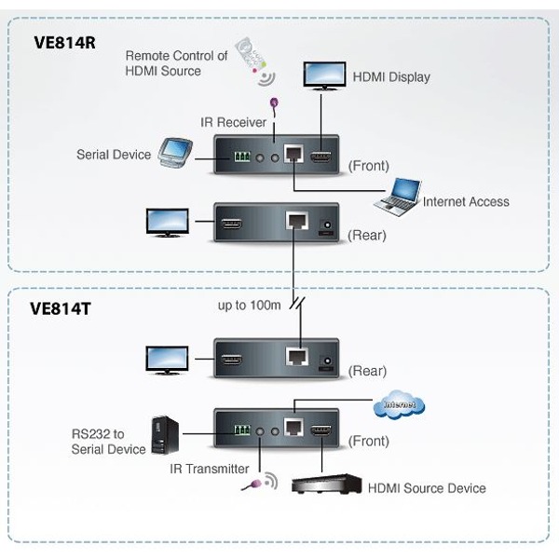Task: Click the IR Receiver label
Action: coord(233,122)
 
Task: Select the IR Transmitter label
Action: coord(209,469)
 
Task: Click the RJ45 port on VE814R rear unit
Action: coord(295,223)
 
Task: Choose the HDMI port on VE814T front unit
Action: coord(322,431)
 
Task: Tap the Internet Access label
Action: coord(466,201)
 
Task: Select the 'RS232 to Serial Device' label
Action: coord(109,441)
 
